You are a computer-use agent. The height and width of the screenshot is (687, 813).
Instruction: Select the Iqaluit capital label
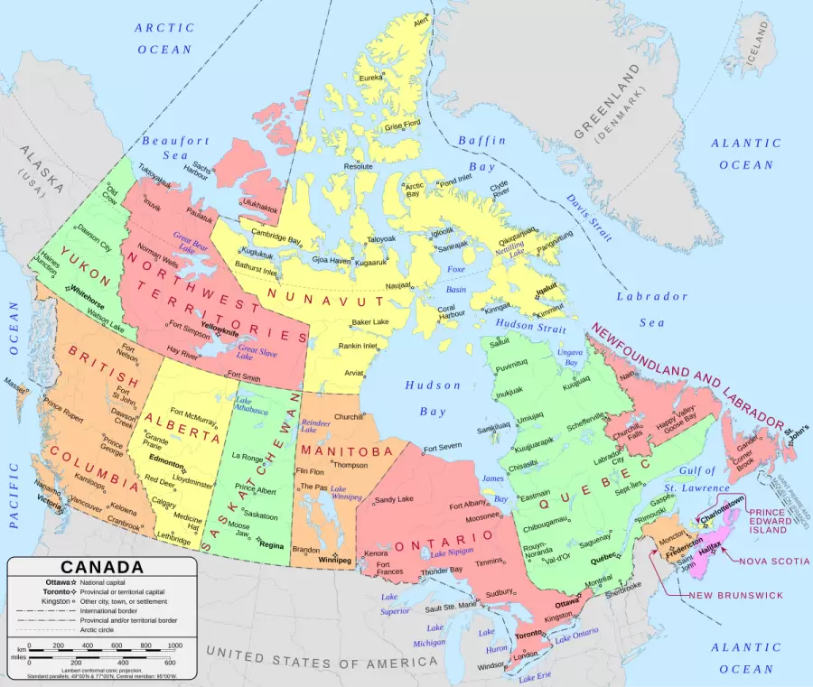click(547, 290)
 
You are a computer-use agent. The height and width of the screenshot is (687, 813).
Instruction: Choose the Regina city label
click(271, 544)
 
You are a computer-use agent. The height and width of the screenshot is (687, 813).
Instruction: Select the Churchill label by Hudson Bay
click(349, 417)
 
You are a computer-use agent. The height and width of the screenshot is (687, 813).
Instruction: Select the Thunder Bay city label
click(443, 571)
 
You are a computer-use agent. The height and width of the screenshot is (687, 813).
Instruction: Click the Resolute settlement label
click(358, 166)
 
